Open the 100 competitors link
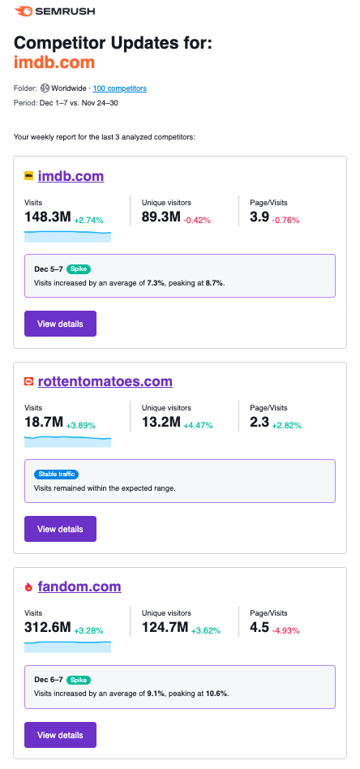coord(120,88)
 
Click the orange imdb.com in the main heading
coord(54,62)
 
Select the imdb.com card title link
coord(71,176)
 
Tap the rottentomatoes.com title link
coord(105,381)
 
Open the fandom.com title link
coord(79,586)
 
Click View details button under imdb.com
coord(60,324)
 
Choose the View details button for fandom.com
coord(60,735)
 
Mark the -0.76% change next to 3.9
coord(287,220)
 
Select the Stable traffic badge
coord(56,474)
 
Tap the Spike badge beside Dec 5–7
coord(78,268)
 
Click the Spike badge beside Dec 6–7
coord(78,679)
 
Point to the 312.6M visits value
coord(48,629)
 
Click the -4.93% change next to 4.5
coord(287,631)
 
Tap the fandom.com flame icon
coord(29,587)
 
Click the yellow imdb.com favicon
coord(29,176)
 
